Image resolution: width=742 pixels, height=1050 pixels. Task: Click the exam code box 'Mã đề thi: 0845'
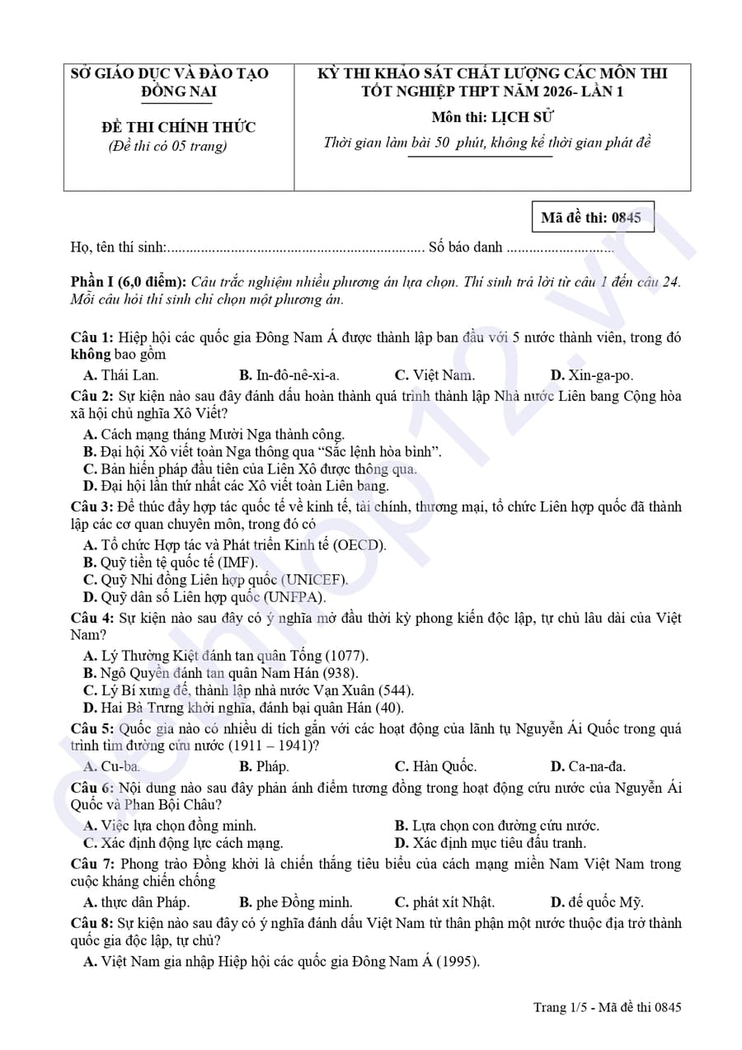pyautogui.click(x=591, y=218)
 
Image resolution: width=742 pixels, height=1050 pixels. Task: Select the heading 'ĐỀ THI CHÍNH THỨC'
pyautogui.click(x=179, y=127)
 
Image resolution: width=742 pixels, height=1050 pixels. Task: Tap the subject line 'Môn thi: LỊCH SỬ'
pyautogui.click(x=492, y=117)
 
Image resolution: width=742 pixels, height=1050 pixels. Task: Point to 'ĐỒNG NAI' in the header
pyautogui.click(x=179, y=92)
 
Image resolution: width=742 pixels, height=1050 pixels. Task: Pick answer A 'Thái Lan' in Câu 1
pyautogui.click(x=121, y=375)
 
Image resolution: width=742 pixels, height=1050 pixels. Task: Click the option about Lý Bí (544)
pyautogui.click(x=248, y=690)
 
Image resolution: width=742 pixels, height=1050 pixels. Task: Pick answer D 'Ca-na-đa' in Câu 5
pyautogui.click(x=588, y=766)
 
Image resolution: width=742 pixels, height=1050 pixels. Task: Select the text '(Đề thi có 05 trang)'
pyautogui.click(x=167, y=147)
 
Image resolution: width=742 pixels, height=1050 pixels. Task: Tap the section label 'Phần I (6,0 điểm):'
pyautogui.click(x=129, y=282)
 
